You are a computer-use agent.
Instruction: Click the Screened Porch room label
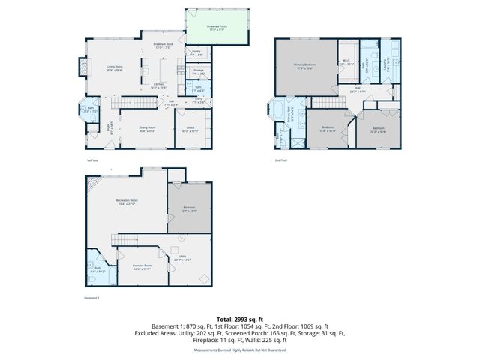click(217, 27)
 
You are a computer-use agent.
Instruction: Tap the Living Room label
click(114, 68)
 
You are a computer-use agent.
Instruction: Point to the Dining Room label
click(146, 129)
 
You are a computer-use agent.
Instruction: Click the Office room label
click(191, 129)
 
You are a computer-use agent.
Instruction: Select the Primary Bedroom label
click(304, 67)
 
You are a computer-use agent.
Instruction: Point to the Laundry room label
click(389, 66)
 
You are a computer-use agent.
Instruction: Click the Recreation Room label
click(127, 202)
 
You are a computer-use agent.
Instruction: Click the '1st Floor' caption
click(90, 160)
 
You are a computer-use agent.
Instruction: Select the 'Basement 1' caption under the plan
click(92, 298)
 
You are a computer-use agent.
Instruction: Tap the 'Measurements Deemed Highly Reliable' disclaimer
click(240, 349)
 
